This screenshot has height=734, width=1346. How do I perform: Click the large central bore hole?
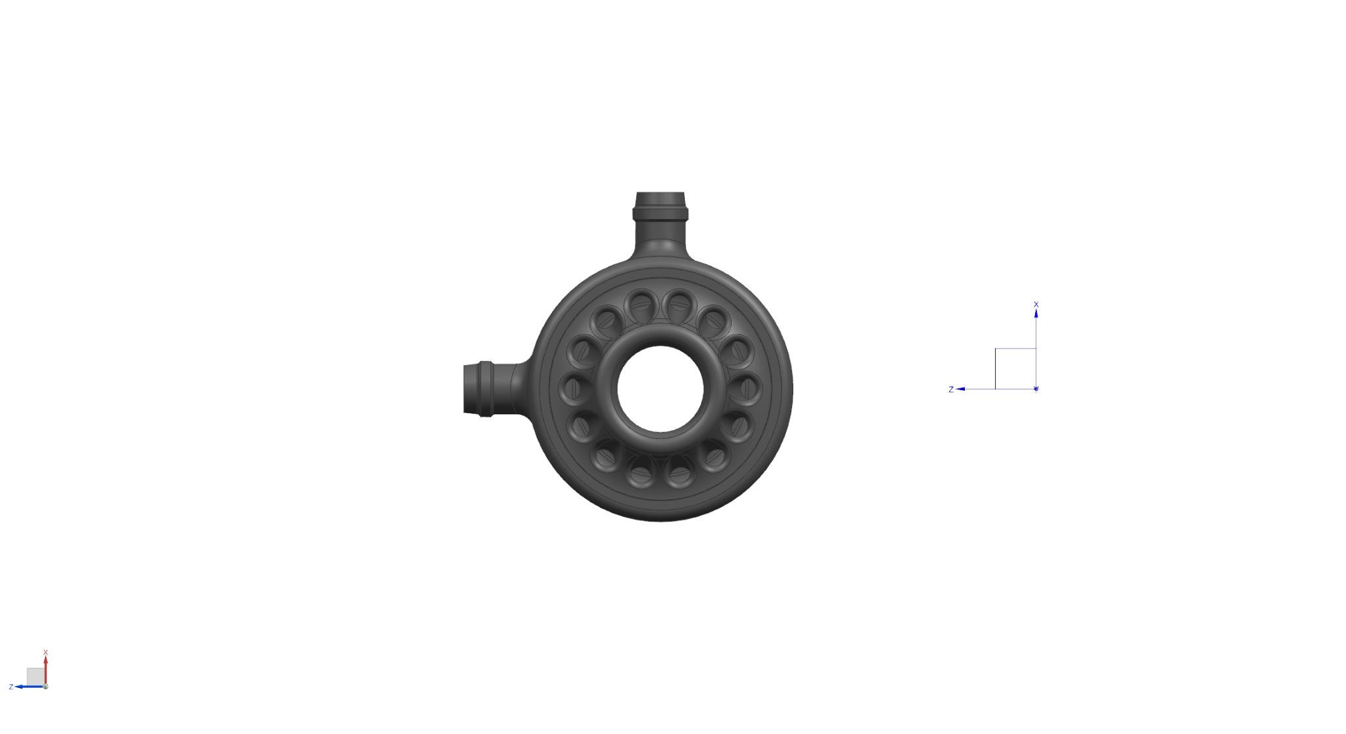(x=661, y=389)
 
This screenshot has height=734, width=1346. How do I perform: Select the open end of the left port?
(x=466, y=389)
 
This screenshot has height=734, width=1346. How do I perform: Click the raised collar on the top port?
(x=660, y=213)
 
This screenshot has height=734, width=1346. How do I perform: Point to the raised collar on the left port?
(x=485, y=389)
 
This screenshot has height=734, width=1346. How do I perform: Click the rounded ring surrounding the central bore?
(x=661, y=335)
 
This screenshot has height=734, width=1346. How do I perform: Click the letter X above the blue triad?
(x=1036, y=305)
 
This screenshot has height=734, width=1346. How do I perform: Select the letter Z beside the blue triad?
(x=951, y=389)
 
